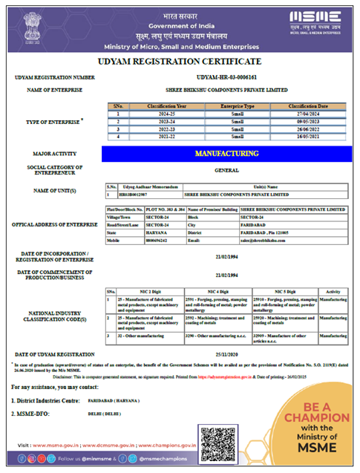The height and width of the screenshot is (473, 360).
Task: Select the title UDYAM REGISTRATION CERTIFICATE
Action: click(x=180, y=61)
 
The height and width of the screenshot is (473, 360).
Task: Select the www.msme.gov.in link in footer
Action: click(x=50, y=448)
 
